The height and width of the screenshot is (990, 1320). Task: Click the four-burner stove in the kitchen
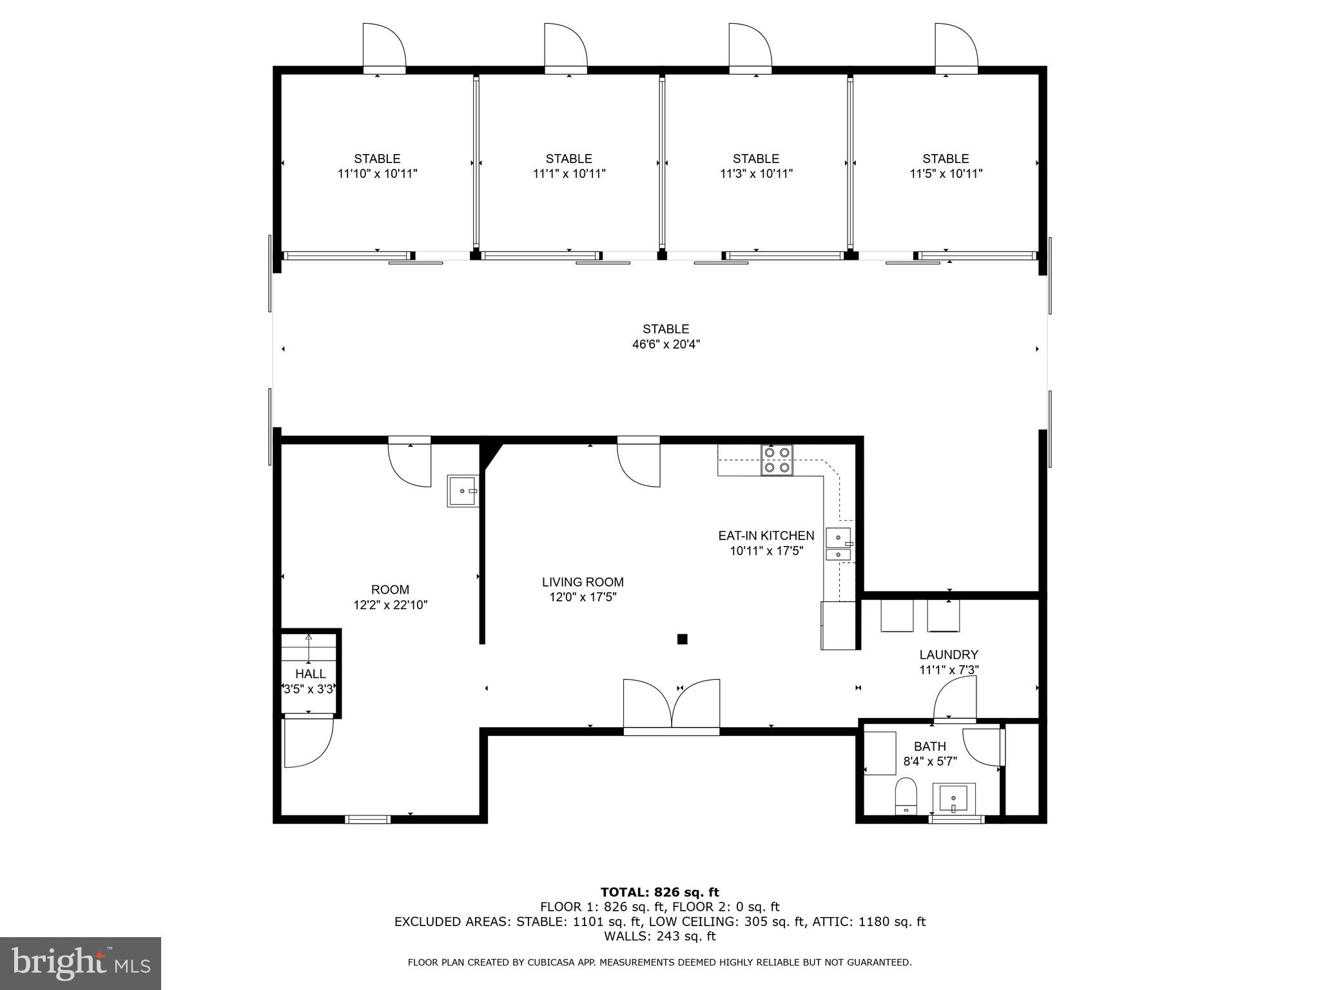click(777, 460)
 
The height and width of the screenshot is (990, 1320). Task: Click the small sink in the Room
click(463, 491)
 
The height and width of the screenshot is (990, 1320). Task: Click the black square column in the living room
click(682, 639)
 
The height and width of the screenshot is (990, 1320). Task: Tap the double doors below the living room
click(672, 706)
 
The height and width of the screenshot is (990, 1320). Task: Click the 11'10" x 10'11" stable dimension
click(377, 173)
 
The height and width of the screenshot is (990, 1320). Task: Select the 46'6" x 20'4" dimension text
click(666, 344)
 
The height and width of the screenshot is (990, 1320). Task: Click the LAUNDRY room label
click(949, 655)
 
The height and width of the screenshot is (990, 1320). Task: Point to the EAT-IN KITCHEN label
click(766, 536)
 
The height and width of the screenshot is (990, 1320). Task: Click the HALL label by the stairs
click(311, 674)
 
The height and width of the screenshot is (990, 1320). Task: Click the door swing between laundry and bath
click(956, 699)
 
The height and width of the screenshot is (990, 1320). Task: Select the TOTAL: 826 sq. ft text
click(659, 892)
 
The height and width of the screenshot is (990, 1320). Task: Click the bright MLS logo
click(81, 964)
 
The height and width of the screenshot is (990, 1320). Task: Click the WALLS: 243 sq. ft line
click(659, 936)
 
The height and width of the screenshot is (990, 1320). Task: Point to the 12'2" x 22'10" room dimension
click(390, 605)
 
